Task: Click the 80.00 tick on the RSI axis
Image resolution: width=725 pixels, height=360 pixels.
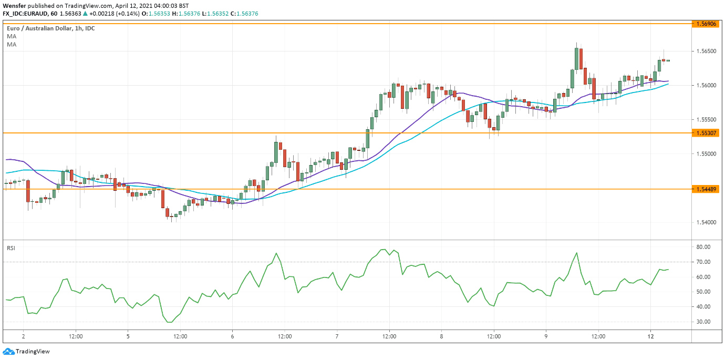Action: pos(703,246)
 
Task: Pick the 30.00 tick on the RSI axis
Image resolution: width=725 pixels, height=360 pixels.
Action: pos(703,322)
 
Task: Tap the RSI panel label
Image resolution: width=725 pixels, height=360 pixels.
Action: pos(11,247)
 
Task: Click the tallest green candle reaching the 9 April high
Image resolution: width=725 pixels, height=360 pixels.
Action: pos(577,58)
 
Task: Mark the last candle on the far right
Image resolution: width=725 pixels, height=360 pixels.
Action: pos(668,60)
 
